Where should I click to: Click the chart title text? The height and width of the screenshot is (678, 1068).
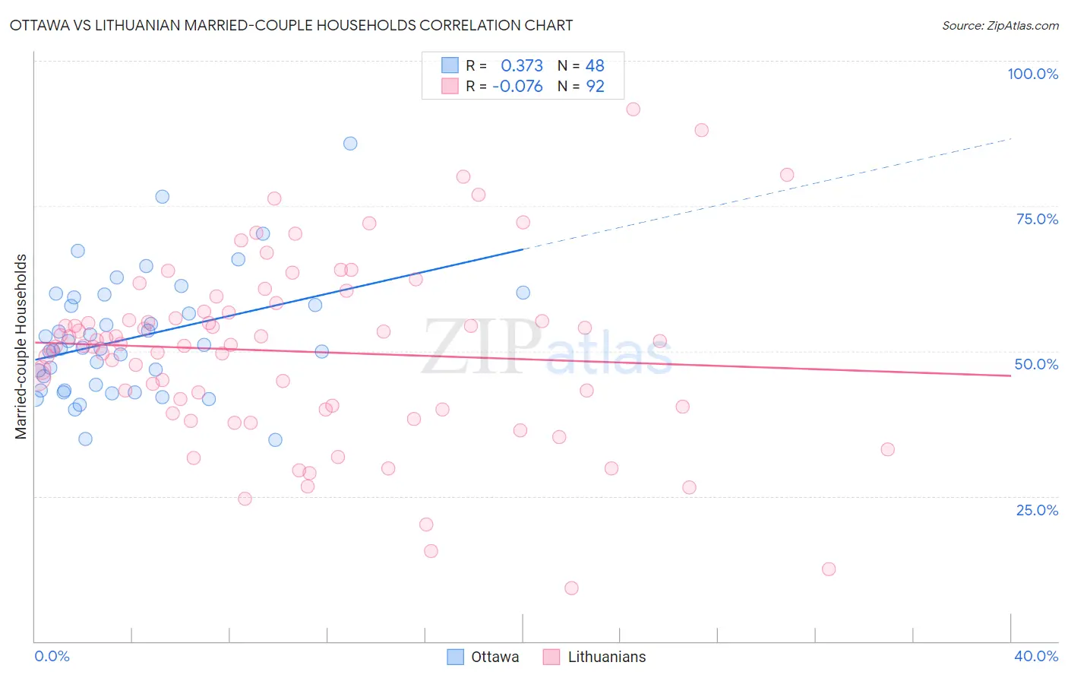[291, 25]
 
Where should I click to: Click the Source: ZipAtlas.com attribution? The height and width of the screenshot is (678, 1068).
[1000, 26]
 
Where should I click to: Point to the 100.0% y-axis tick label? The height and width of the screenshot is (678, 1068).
[1032, 74]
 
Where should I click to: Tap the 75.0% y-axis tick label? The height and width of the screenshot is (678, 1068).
[1037, 219]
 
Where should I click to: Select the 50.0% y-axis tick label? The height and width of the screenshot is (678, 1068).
[1036, 364]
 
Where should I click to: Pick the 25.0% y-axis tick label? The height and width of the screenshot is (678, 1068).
[1037, 510]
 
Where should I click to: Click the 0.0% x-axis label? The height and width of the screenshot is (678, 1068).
[52, 656]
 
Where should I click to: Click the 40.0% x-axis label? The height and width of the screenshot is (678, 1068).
[1036, 656]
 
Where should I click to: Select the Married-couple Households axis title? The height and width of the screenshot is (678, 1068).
[21, 347]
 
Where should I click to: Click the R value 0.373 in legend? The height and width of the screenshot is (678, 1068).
[522, 66]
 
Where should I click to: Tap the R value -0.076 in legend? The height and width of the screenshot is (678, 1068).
[517, 87]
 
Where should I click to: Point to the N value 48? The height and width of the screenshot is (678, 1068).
[595, 66]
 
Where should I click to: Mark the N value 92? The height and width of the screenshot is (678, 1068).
[595, 87]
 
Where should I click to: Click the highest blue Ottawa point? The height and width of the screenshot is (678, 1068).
[350, 144]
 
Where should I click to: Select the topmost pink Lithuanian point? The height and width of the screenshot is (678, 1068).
[633, 109]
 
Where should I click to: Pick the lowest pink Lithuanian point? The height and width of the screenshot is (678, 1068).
[571, 588]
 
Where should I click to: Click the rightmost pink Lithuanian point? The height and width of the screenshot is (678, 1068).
[887, 449]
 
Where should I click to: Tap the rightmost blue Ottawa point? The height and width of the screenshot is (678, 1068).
[523, 293]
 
